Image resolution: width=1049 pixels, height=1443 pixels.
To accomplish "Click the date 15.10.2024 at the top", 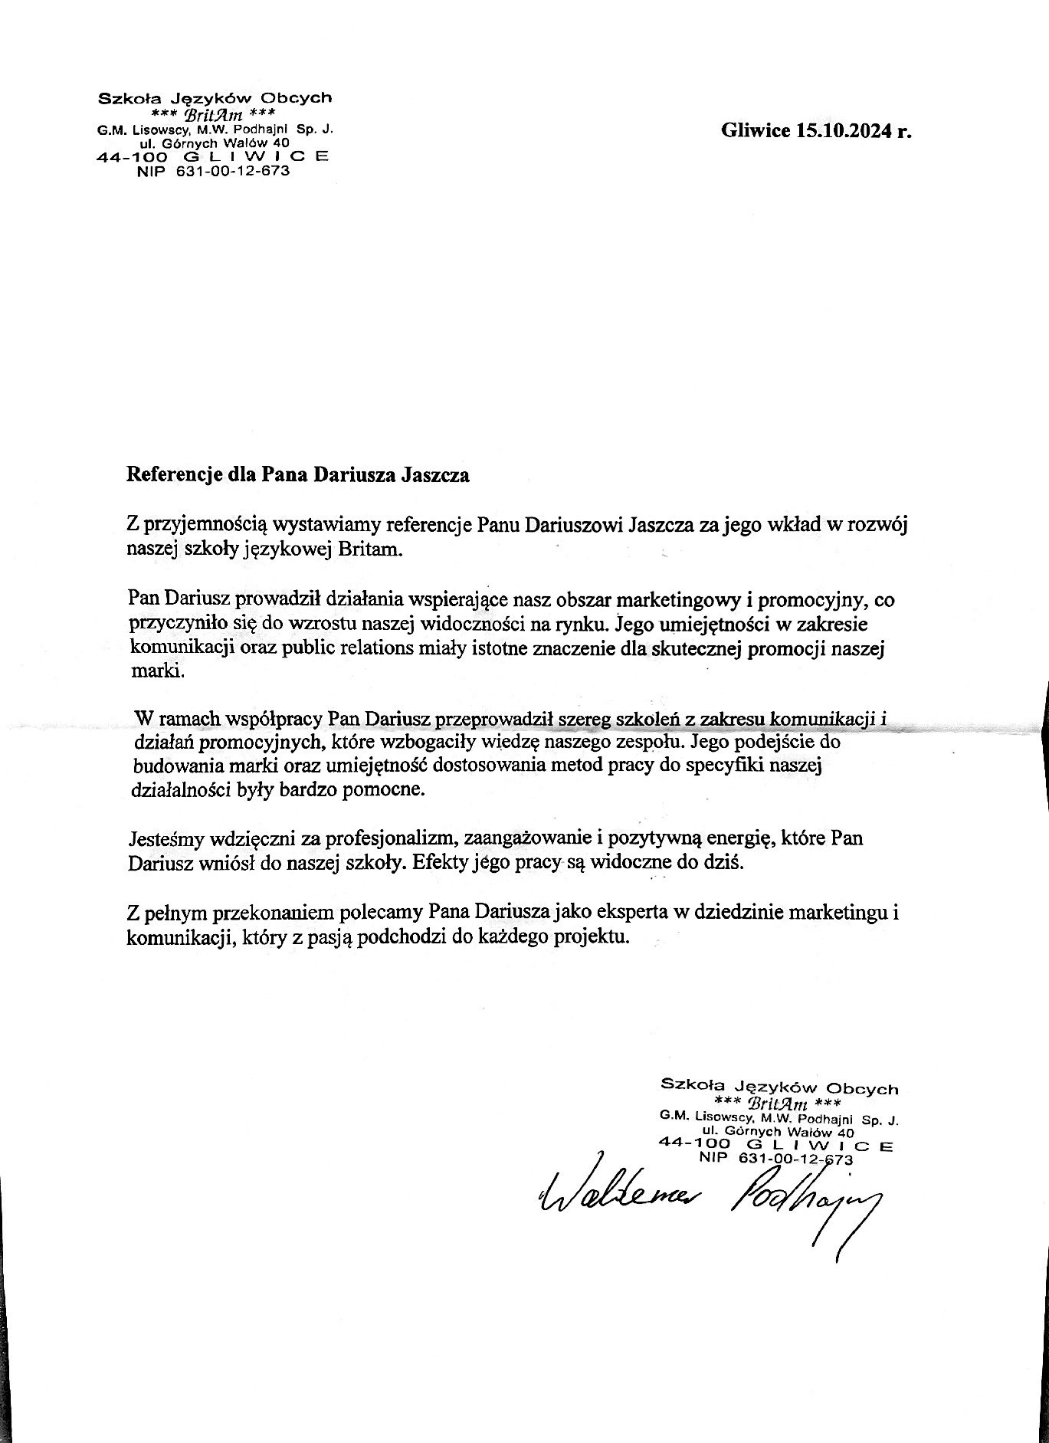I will [842, 131].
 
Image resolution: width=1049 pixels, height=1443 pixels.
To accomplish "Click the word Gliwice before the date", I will [755, 131].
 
